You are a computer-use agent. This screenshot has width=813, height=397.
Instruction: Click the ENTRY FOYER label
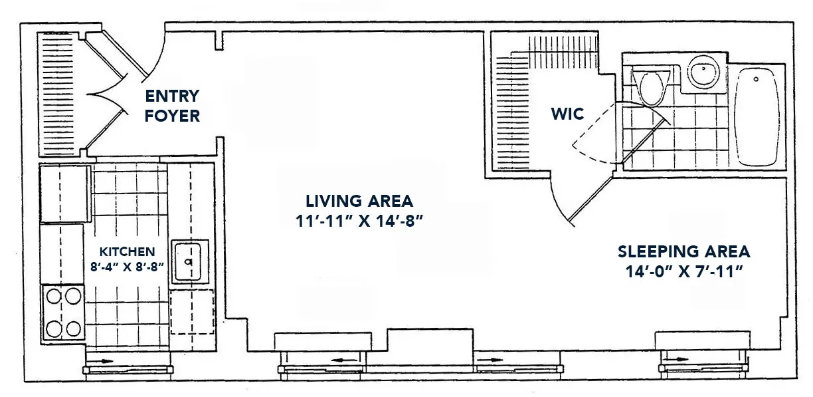[x=171, y=106]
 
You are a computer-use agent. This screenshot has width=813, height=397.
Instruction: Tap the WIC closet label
[x=567, y=114]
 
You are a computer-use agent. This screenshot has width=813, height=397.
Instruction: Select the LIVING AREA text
[x=359, y=200]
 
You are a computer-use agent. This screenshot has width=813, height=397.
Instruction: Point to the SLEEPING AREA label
[x=683, y=251]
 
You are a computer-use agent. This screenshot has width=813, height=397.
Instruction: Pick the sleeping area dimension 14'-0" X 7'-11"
[x=683, y=271]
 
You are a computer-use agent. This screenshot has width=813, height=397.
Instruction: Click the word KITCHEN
[x=127, y=251]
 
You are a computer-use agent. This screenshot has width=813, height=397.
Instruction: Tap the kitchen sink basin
[x=189, y=261]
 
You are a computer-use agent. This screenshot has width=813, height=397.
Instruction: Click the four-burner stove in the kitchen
[x=63, y=311]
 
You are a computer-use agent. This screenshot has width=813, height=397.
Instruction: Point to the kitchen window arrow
[x=104, y=369]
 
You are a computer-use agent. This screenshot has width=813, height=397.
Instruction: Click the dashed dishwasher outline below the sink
[x=192, y=311]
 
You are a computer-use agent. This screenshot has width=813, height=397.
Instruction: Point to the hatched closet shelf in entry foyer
[x=50, y=93]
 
